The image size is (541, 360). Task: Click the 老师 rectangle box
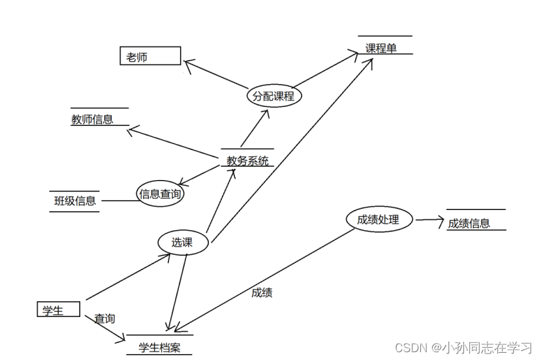(149, 56)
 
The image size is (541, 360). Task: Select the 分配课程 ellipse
(273, 97)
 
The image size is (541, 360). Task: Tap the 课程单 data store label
(381, 48)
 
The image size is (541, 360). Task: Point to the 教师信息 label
(92, 119)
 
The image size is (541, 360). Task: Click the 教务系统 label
(247, 160)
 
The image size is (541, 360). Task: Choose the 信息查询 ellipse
(160, 194)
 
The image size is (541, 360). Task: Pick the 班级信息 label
(75, 201)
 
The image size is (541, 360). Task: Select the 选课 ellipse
(182, 243)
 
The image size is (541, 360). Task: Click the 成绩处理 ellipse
(378, 220)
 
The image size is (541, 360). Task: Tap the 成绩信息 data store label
(469, 223)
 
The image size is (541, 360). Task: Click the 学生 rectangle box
(58, 310)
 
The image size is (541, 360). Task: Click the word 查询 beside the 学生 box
(104, 319)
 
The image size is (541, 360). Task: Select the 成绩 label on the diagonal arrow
(262, 293)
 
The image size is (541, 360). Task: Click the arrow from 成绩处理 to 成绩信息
(428, 220)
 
